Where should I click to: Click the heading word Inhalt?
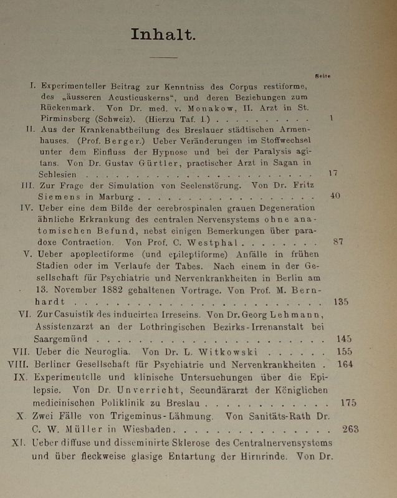[x=163, y=35]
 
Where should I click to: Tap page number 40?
[x=335, y=196]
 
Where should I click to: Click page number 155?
[x=344, y=352]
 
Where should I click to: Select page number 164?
[x=345, y=364]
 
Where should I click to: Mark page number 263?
[x=351, y=429]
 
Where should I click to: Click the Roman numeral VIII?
[x=19, y=364]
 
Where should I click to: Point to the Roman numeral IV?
[x=28, y=208]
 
